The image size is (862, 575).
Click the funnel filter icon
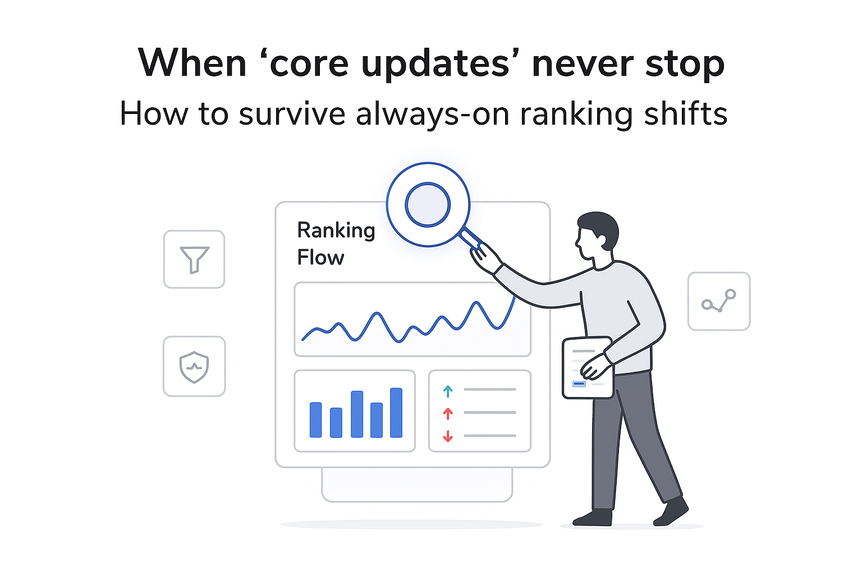[194, 259]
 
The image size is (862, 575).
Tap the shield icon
[194, 367]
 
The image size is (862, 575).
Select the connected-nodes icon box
[719, 302]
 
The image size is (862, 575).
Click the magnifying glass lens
[428, 204]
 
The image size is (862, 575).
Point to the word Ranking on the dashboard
[336, 230]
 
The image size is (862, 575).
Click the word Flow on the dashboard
[320, 258]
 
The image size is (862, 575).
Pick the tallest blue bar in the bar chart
[396, 412]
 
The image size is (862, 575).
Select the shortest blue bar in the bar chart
[336, 422]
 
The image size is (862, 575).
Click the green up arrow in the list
[448, 391]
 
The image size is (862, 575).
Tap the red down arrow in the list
[448, 436]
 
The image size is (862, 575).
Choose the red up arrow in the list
[448, 414]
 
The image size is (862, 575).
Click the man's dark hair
[600, 225]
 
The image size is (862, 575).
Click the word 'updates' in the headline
[435, 63]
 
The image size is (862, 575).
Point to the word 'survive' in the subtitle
[292, 114]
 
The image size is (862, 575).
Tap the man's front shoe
[592, 517]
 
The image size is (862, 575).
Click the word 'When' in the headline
[192, 63]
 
